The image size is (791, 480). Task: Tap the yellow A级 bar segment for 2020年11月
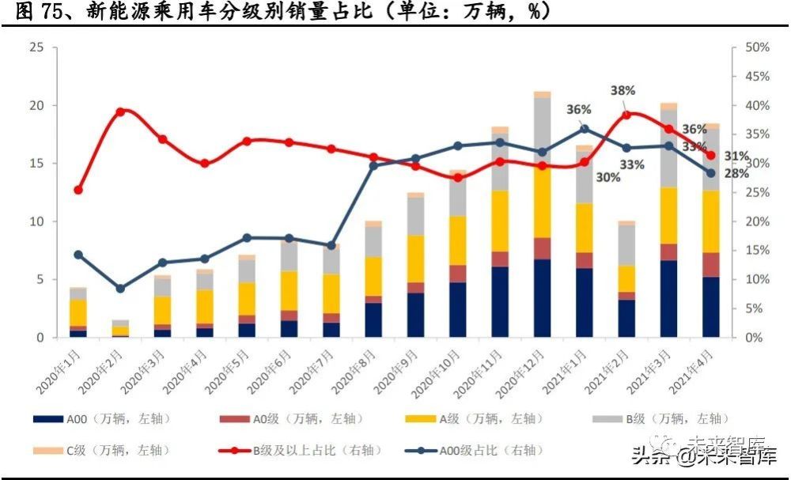[499, 221]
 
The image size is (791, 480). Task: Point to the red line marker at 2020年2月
[120, 111]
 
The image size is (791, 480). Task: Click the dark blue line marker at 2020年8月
[373, 165]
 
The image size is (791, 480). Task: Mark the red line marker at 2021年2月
[626, 115]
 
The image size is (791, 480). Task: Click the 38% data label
[623, 90]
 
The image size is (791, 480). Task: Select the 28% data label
[736, 173]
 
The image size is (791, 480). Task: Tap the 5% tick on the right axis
[754, 308]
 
